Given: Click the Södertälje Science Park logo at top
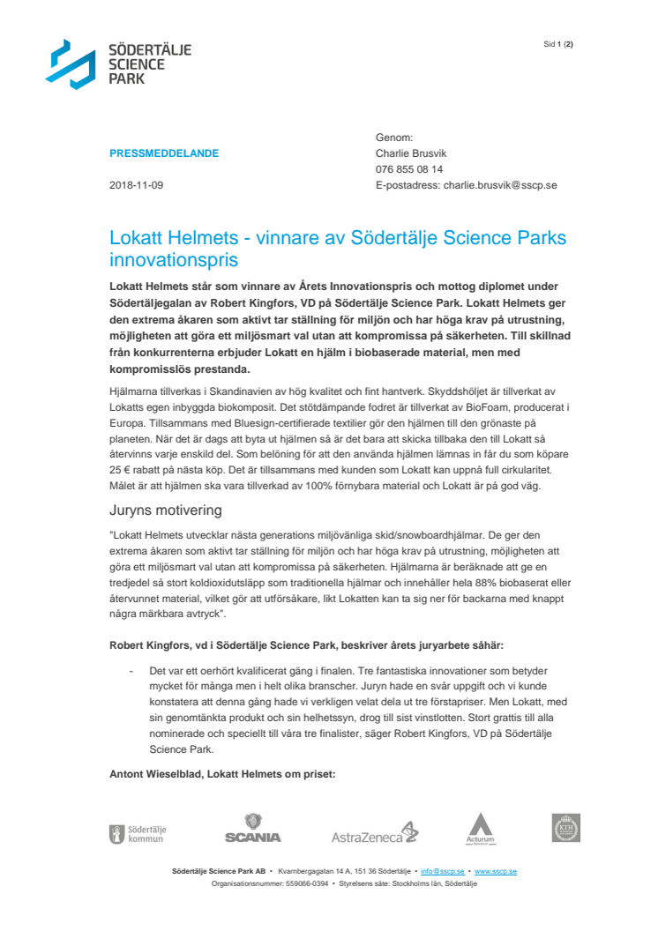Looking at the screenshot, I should point(118,63).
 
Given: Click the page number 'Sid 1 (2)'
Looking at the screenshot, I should point(557,44).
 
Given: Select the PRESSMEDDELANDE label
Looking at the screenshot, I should point(164,153).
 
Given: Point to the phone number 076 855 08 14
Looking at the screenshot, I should point(409,169).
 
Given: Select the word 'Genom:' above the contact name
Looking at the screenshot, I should point(394,138).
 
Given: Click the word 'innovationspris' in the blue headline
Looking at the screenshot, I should point(174,261).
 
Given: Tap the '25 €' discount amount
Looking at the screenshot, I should point(122,468).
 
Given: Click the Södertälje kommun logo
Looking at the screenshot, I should point(137,833).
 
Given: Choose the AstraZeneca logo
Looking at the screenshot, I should point(375,833).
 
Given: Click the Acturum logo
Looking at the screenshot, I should point(480,829).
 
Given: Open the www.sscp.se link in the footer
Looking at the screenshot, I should point(496,871).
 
